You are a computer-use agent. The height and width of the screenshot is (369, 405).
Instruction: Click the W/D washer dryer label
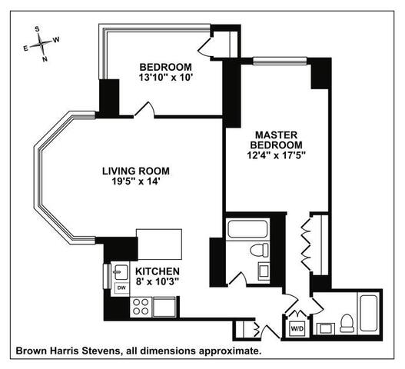pos(297,329)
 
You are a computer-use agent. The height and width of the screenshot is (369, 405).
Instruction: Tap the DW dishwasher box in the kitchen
pos(121,288)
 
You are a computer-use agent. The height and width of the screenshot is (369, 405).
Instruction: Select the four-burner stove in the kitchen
pos(141,307)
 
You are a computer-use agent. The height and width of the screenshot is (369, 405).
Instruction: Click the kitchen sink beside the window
pos(121,272)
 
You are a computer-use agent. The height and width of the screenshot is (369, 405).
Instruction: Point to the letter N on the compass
pos(45,59)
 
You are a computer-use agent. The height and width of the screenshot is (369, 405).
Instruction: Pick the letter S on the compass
pos(38,29)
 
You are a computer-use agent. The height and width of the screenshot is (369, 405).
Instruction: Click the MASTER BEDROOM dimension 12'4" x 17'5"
pos(277,155)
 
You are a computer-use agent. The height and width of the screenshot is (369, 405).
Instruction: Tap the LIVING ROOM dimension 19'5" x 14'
pos(134,181)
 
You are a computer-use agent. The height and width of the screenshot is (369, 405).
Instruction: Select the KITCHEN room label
pos(158,271)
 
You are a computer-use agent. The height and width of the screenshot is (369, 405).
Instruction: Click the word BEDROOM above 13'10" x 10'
pos(165,67)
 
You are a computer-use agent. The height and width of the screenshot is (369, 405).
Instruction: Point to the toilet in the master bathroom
pos(259,250)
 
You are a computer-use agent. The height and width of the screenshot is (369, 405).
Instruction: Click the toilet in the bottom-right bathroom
pos(347,324)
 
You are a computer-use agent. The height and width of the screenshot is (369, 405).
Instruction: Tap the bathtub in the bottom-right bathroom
pos(369,313)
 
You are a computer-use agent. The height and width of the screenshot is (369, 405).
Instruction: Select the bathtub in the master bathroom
pos(247,229)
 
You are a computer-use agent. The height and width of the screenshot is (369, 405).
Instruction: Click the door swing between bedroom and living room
pos(144,110)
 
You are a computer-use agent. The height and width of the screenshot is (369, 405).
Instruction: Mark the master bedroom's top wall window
pos(280,61)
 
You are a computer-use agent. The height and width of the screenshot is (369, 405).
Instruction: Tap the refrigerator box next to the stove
pos(164,307)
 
